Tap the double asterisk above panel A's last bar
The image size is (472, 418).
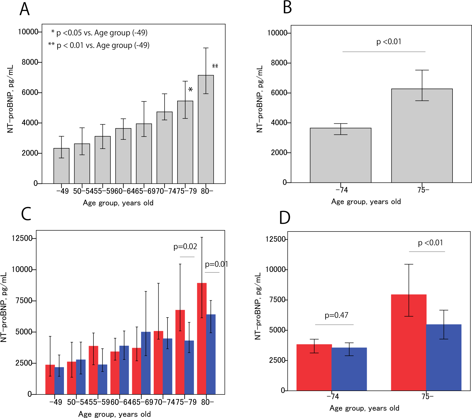point(215,67)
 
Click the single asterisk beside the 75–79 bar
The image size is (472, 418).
point(190,90)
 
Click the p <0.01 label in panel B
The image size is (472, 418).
point(389,42)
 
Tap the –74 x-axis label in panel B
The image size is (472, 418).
point(342,190)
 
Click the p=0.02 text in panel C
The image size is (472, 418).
point(185,246)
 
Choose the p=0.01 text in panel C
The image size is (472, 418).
point(217,264)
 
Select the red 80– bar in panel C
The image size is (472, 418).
point(202,339)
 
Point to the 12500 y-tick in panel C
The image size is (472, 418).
point(22,238)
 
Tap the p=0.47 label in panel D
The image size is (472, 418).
point(336,315)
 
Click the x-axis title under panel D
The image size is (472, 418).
point(364,408)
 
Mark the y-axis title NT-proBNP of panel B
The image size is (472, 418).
point(260,99)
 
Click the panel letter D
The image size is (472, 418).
point(285,218)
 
